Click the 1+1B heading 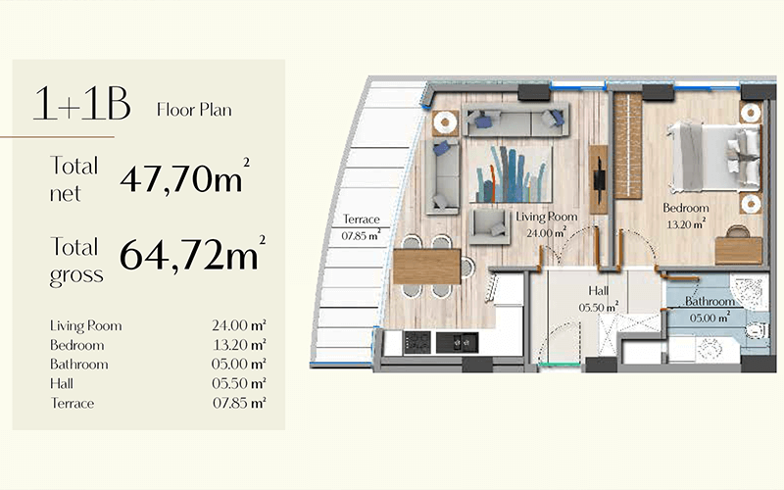(82, 104)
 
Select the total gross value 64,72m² (192, 254)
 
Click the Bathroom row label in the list (79, 364)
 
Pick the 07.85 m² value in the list (239, 403)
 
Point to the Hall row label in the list (62, 383)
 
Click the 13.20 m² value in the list (239, 345)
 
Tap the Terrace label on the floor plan (362, 219)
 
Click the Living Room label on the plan (547, 217)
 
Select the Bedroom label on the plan (685, 208)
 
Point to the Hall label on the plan (599, 290)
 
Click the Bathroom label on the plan (710, 302)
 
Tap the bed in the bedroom (714, 156)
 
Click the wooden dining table (427, 267)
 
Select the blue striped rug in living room (511, 174)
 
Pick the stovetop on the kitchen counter (417, 342)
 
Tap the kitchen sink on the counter (457, 342)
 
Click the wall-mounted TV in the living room (599, 179)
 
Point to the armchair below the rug (490, 226)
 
